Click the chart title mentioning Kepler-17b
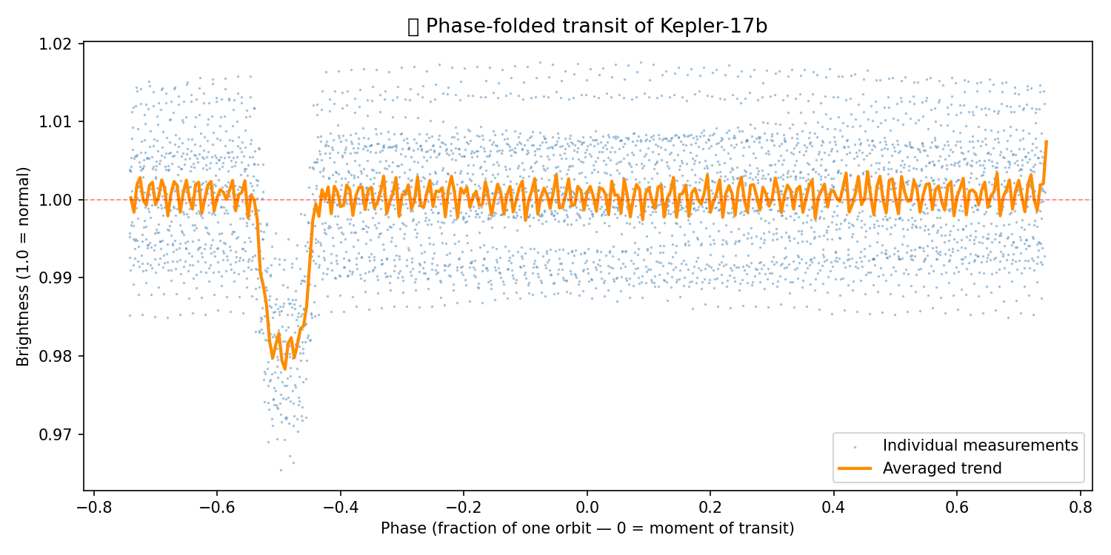coord(587,27)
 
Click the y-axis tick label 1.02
coord(59,44)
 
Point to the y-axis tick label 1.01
coord(59,121)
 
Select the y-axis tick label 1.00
coord(59,200)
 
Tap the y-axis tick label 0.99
coord(59,278)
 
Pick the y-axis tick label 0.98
coord(59,356)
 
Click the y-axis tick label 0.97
coord(59,434)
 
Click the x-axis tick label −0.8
coord(93,508)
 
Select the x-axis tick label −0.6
coord(216,508)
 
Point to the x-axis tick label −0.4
coord(340,508)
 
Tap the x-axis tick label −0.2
coord(463,508)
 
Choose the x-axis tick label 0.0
coord(587,508)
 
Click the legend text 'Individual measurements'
coord(980,445)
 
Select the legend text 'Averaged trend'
coord(941,468)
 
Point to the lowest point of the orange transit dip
coord(284,369)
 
